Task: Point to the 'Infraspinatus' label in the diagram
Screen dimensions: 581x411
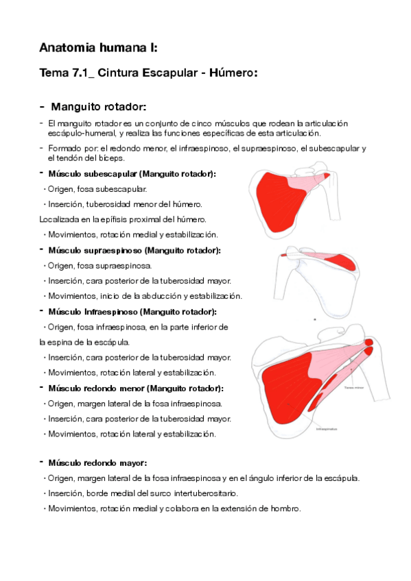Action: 327,429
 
